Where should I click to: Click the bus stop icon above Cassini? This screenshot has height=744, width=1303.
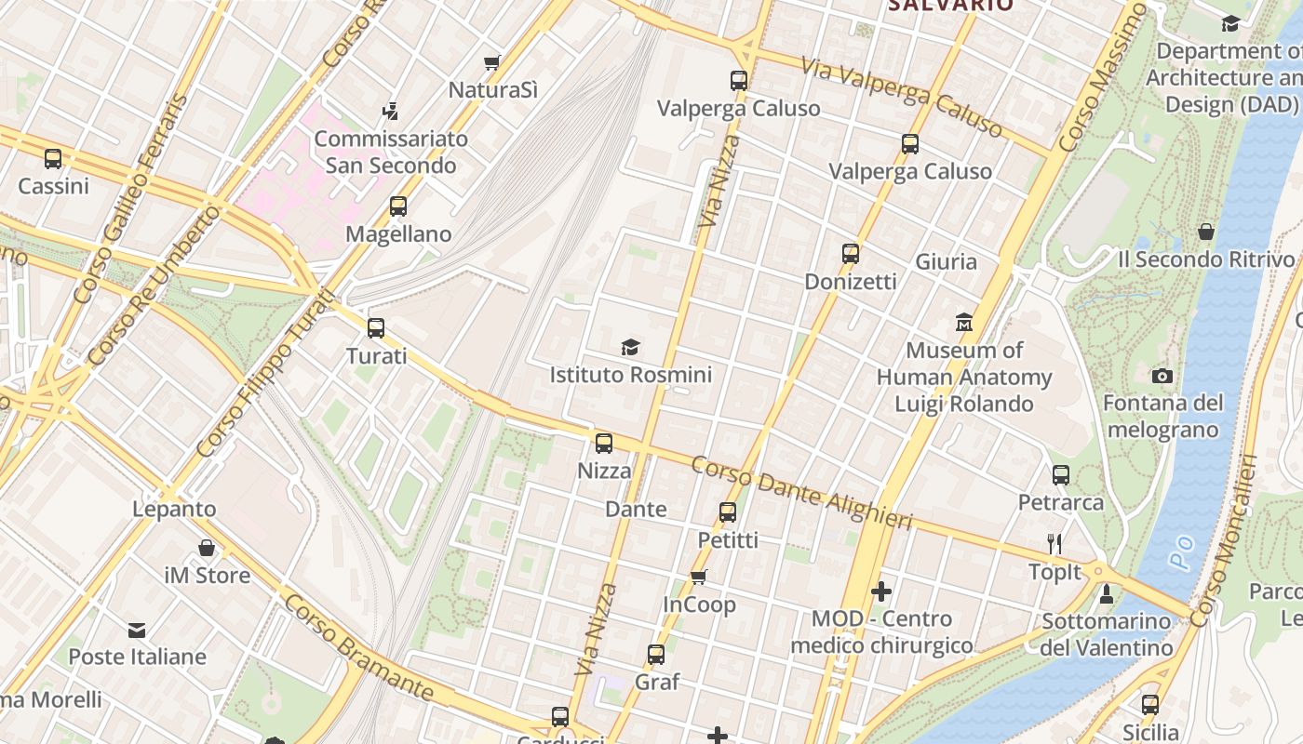click(x=53, y=159)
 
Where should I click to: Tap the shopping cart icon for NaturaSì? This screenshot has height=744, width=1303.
click(x=492, y=63)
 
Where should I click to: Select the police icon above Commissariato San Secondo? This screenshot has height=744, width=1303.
click(x=391, y=112)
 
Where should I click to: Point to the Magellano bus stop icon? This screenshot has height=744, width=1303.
click(x=398, y=206)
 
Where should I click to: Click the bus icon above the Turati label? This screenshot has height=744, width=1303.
click(x=376, y=328)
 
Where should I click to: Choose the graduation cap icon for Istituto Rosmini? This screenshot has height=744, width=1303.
click(x=631, y=348)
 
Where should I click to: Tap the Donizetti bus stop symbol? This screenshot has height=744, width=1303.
click(x=850, y=254)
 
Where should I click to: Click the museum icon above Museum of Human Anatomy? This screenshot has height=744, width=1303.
click(x=964, y=324)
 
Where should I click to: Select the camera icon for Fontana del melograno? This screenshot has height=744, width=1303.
click(x=1162, y=376)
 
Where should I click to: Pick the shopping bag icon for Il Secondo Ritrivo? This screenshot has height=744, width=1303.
click(x=1206, y=232)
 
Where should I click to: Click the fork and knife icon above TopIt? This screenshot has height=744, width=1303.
click(x=1054, y=544)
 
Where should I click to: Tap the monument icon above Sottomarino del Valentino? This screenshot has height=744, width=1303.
click(x=1107, y=593)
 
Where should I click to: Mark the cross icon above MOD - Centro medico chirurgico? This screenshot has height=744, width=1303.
click(x=881, y=591)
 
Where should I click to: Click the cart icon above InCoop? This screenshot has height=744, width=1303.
click(x=699, y=578)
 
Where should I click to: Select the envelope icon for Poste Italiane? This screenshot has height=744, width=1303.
click(x=137, y=630)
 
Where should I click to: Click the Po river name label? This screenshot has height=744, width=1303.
click(x=1181, y=556)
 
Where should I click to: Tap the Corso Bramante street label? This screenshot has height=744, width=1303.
click(x=358, y=647)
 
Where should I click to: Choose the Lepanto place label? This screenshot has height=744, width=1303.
click(x=174, y=509)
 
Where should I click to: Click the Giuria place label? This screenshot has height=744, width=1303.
click(x=947, y=261)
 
